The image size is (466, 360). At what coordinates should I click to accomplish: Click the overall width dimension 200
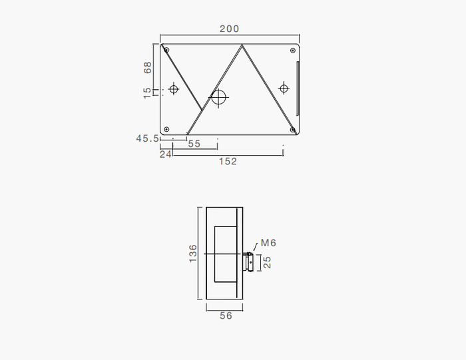point(228,29)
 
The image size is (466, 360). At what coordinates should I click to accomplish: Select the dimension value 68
point(148,67)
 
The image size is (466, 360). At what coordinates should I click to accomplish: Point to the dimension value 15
point(148,92)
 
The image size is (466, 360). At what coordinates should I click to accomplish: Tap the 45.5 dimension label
point(147,138)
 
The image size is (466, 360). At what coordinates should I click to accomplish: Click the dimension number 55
point(194,144)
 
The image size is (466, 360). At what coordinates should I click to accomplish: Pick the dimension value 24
point(165,154)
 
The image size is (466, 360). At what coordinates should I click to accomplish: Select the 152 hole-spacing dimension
point(228,161)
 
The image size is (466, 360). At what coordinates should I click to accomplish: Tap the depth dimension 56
point(226,315)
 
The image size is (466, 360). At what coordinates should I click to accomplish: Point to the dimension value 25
point(267,263)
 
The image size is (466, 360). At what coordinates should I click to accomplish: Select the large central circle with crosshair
point(218,97)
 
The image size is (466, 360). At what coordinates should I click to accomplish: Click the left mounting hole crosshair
point(174,89)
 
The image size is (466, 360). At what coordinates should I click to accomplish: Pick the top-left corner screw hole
point(166,49)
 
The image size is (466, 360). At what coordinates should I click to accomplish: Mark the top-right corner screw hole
point(292,50)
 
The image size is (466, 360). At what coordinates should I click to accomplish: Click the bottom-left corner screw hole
point(166,129)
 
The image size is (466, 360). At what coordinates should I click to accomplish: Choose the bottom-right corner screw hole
point(292,129)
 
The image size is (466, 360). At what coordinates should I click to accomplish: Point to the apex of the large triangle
point(242,46)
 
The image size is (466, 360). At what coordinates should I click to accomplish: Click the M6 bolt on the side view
point(249,262)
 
